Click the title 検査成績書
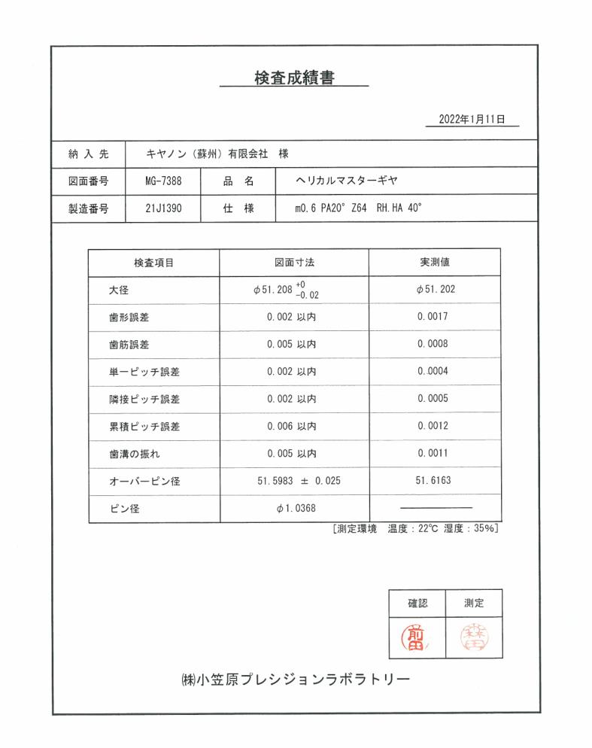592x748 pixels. pyautogui.click(x=294, y=78)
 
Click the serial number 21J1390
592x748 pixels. pyautogui.click(x=163, y=208)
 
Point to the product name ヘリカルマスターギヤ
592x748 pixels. pyautogui.click(x=346, y=181)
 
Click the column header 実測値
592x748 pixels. pyautogui.click(x=435, y=263)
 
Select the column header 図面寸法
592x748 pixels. pyautogui.click(x=293, y=263)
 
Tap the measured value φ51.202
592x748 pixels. pyautogui.click(x=435, y=290)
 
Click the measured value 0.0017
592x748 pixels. pyautogui.click(x=434, y=317)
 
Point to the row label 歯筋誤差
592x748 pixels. pyautogui.click(x=129, y=345)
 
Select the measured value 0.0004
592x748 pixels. pyautogui.click(x=434, y=372)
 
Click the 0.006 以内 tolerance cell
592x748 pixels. pyautogui.click(x=291, y=427)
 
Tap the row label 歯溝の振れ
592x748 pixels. pyautogui.click(x=135, y=454)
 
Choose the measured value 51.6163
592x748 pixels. pyautogui.click(x=434, y=481)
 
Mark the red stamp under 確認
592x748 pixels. pyautogui.click(x=417, y=637)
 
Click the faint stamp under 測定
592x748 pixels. pyautogui.click(x=474, y=637)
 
